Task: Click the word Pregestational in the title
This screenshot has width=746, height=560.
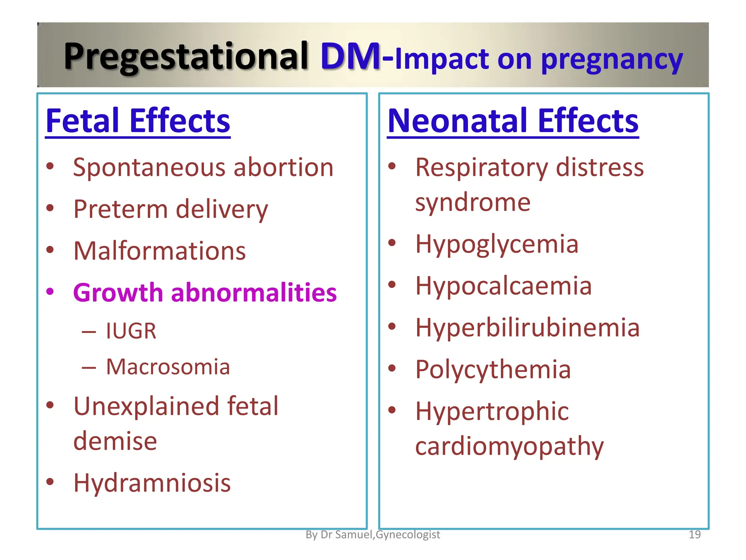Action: tap(186, 57)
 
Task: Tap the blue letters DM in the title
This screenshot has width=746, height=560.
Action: tap(350, 57)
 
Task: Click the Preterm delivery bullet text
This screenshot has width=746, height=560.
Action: tap(170, 210)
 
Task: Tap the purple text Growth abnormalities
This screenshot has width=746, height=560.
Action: tap(205, 293)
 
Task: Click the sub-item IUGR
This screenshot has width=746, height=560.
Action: tap(131, 331)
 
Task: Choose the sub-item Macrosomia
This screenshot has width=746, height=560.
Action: tap(168, 367)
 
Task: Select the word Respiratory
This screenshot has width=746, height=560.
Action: tap(482, 168)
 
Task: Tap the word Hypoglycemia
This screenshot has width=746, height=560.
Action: tap(497, 244)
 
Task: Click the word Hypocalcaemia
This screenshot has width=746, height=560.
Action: tap(503, 286)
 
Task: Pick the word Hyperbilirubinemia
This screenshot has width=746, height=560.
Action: tap(527, 327)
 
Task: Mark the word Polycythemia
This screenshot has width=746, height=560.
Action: tap(493, 370)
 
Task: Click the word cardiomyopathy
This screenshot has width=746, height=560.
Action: tap(509, 447)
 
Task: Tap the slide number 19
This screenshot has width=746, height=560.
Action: tap(695, 534)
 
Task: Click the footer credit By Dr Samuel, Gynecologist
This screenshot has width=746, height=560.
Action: tap(373, 534)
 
